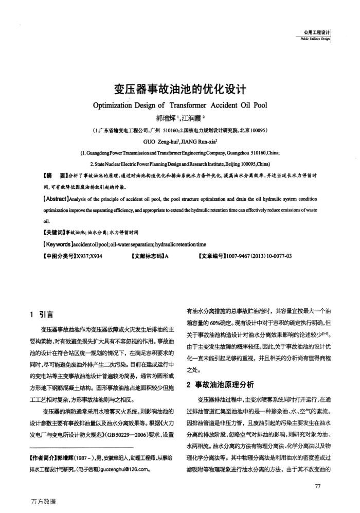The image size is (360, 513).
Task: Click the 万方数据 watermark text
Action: click(43, 501)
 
